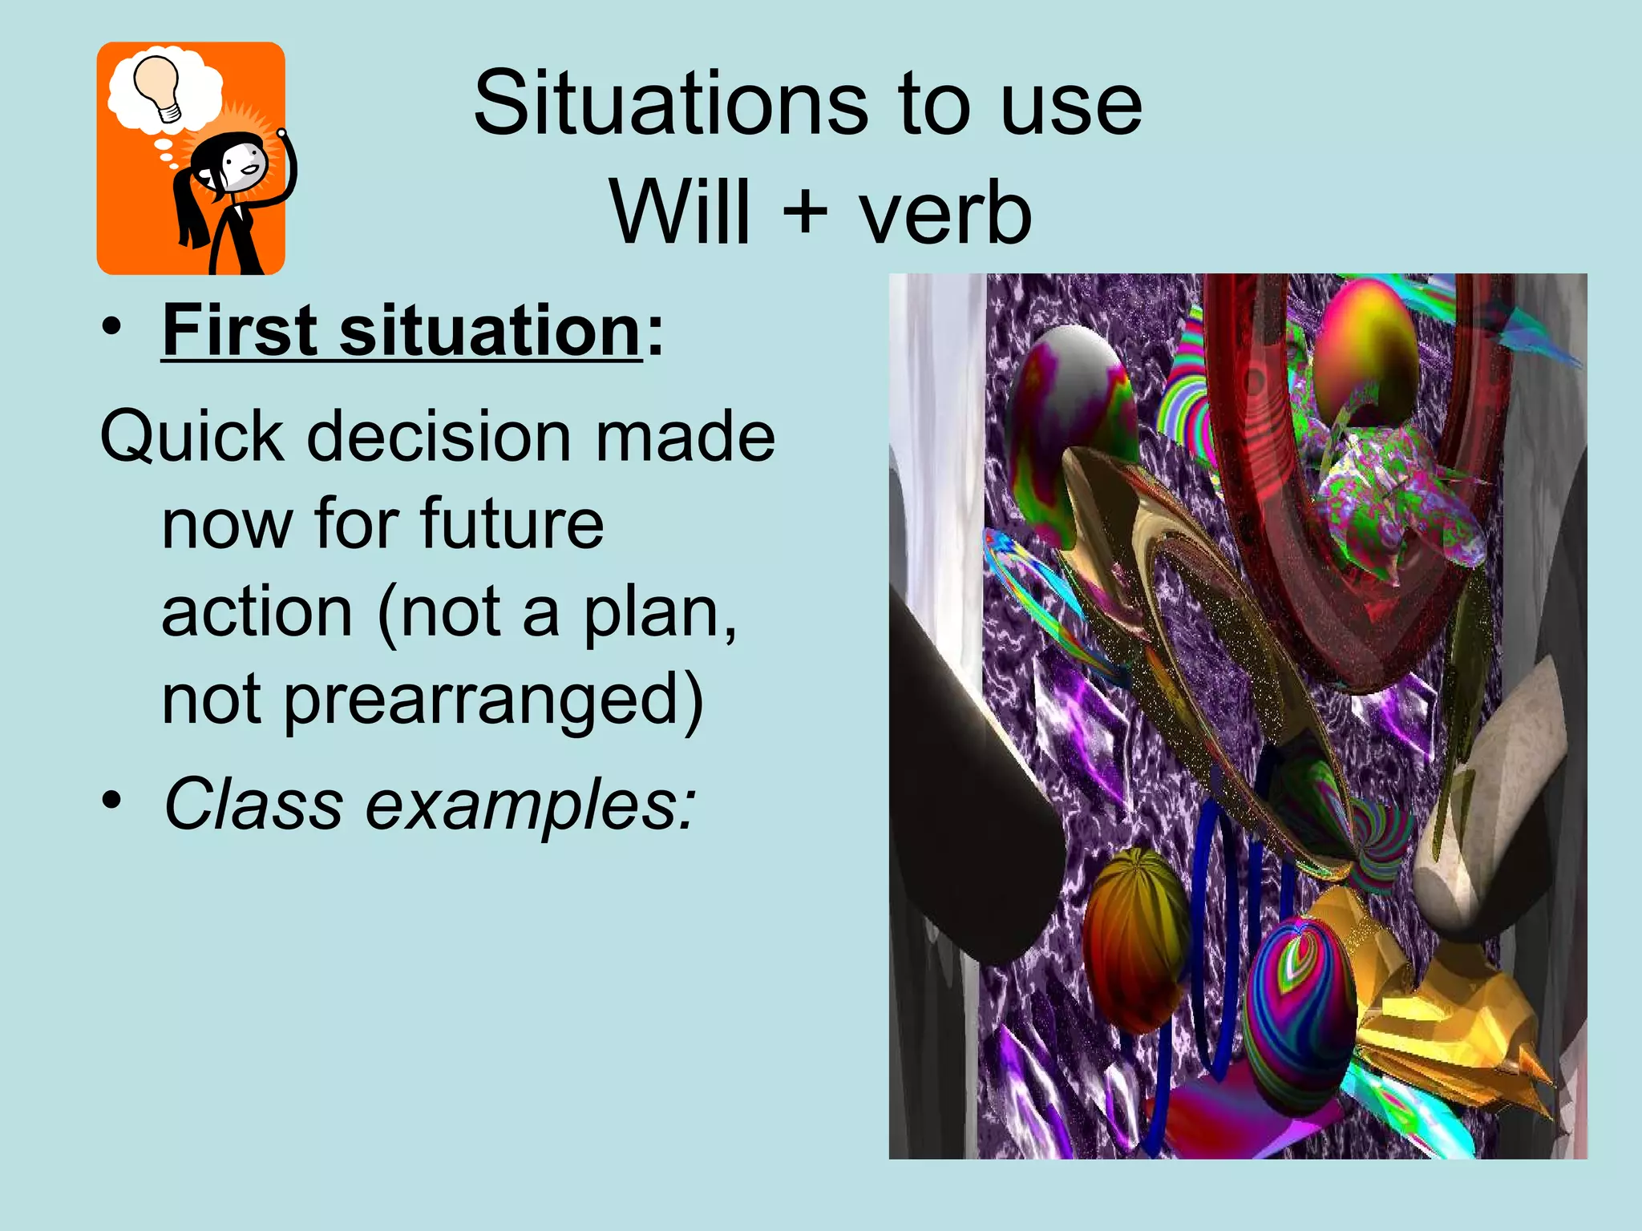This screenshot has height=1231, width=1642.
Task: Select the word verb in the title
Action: [x=945, y=212]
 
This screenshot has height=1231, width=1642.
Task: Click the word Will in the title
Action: [x=681, y=212]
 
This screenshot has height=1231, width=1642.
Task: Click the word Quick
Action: [x=192, y=437]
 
